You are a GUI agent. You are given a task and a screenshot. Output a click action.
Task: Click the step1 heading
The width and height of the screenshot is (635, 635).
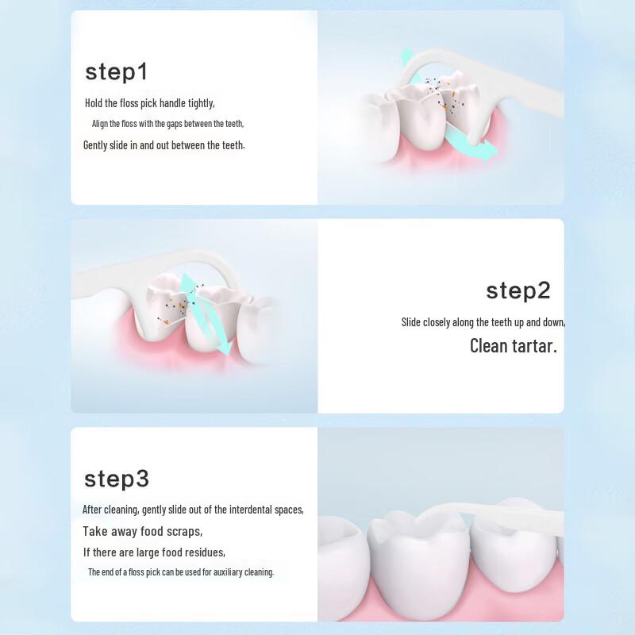(116, 72)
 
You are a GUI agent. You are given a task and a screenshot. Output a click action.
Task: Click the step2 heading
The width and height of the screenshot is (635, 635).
(518, 291)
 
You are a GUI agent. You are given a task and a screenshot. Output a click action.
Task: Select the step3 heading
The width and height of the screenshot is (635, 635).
(116, 479)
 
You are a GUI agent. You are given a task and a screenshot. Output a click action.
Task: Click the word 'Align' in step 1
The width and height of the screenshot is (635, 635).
(100, 124)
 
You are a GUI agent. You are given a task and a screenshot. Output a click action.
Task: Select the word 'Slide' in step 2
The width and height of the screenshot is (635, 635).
(410, 322)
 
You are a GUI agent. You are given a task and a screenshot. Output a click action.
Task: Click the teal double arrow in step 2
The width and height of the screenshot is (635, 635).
(204, 314)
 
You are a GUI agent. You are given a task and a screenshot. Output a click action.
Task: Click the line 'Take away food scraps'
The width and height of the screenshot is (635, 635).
(142, 531)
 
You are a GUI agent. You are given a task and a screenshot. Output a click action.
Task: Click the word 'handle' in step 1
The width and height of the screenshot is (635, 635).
(172, 103)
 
